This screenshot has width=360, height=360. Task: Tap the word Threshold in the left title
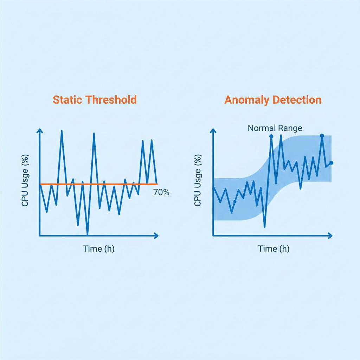[111, 100]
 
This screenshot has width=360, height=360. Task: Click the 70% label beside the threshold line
[161, 192]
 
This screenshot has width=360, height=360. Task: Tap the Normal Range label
[275, 128]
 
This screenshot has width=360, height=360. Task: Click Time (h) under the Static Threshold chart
[98, 249]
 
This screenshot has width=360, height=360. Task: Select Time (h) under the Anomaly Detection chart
[274, 249]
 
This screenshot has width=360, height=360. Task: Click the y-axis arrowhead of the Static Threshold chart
[40, 131]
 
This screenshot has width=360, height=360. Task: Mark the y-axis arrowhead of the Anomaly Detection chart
[213, 131]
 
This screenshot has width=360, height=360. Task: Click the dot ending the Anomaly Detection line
[332, 163]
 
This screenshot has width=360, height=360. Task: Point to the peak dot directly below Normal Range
[271, 136]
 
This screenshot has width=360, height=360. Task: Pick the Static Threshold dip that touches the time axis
[87, 234]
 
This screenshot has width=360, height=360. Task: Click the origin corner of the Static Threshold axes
[40, 235]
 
